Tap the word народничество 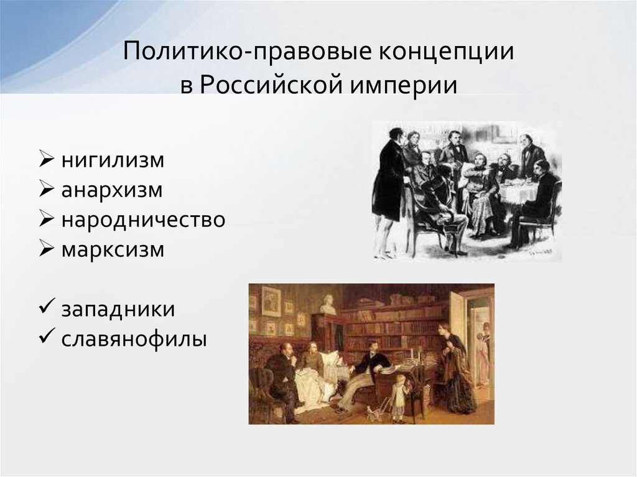click(143, 220)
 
